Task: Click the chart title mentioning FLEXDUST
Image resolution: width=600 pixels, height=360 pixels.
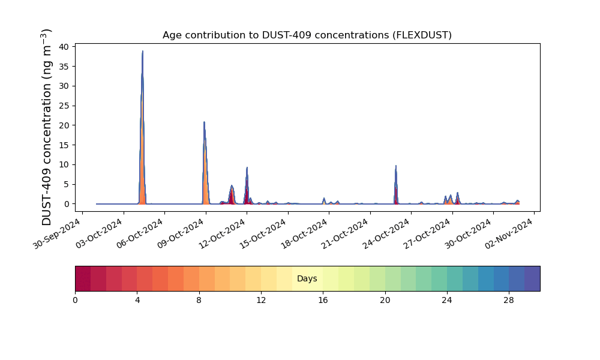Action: click(307, 35)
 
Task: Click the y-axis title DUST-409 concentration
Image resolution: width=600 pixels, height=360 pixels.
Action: click(46, 127)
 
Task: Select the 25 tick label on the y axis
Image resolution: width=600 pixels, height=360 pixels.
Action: click(64, 106)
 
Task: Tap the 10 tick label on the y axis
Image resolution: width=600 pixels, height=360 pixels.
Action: click(64, 165)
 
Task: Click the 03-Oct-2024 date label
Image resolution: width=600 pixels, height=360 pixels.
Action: click(98, 233)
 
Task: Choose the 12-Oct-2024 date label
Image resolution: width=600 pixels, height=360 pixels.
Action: click(221, 233)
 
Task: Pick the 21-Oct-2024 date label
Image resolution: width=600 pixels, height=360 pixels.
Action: click(345, 233)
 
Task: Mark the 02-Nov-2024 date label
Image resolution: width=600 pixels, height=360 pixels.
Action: click(509, 233)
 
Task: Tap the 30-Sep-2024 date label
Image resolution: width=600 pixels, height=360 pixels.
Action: click(57, 233)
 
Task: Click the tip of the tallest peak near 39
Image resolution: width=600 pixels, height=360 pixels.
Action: click(143, 51)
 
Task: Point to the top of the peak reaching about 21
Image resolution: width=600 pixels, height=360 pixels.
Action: click(205, 122)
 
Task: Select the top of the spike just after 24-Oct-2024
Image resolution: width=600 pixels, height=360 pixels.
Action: click(396, 166)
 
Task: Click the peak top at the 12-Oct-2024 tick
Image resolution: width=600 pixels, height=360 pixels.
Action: click(247, 167)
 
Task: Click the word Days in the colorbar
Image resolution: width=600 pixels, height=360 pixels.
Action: click(307, 278)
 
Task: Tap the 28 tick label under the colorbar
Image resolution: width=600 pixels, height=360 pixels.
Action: click(509, 301)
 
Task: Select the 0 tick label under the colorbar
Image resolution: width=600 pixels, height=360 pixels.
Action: click(75, 301)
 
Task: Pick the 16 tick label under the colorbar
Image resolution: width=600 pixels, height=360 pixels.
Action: click(323, 301)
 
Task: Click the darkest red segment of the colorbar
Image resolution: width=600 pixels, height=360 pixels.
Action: click(83, 278)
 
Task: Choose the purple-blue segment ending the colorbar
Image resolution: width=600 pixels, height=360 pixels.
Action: click(532, 278)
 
